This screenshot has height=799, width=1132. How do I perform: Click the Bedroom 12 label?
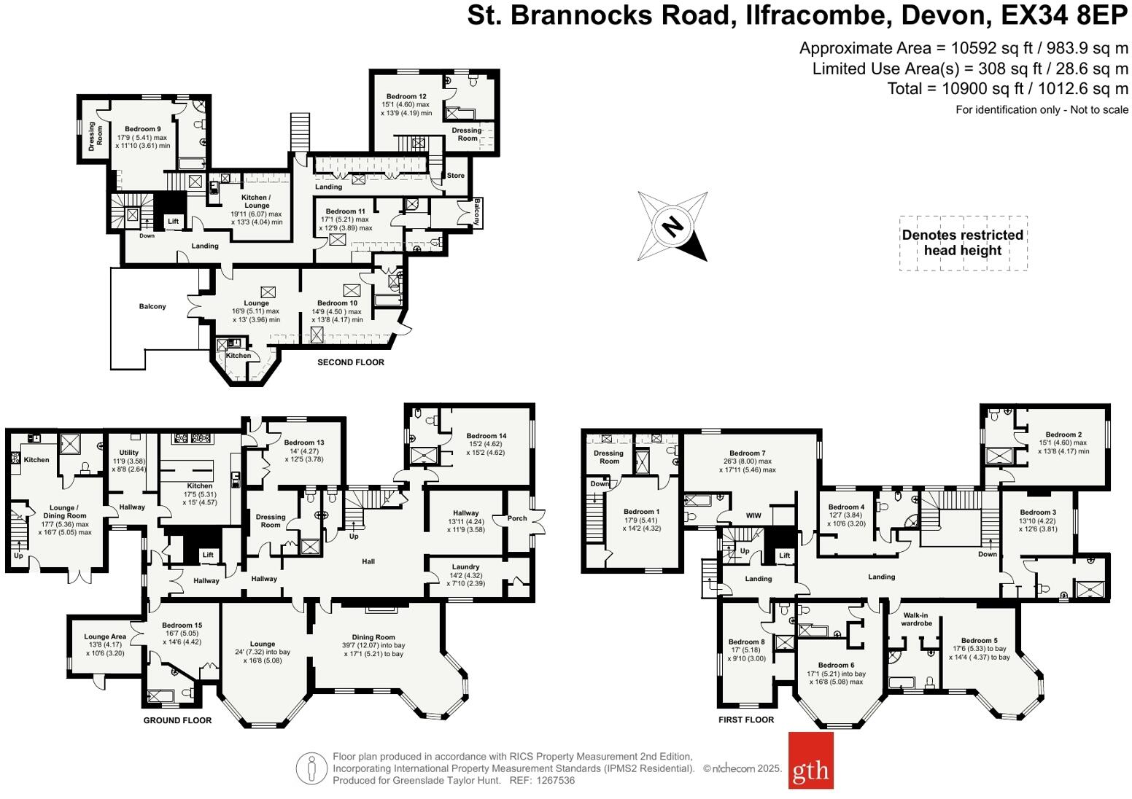pos(406,96)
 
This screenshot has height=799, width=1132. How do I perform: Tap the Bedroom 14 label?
pos(486,436)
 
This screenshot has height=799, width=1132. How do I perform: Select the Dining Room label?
pos(373,637)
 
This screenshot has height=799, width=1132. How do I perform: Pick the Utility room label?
pos(129,453)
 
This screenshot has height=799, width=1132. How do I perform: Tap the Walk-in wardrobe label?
pos(917,619)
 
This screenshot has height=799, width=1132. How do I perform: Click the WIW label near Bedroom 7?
pos(753,515)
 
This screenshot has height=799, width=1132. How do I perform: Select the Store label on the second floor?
pos(455,176)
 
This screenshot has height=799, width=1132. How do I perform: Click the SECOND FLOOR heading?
pos(350,362)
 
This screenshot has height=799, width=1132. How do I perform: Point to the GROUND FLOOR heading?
pos(177,720)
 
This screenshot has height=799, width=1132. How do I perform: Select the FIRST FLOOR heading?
pos(745,720)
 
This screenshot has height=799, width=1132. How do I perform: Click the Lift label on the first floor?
pos(785,556)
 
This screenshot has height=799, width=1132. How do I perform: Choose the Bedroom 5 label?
pos(979,641)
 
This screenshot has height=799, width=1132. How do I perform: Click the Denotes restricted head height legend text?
pos(962,243)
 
